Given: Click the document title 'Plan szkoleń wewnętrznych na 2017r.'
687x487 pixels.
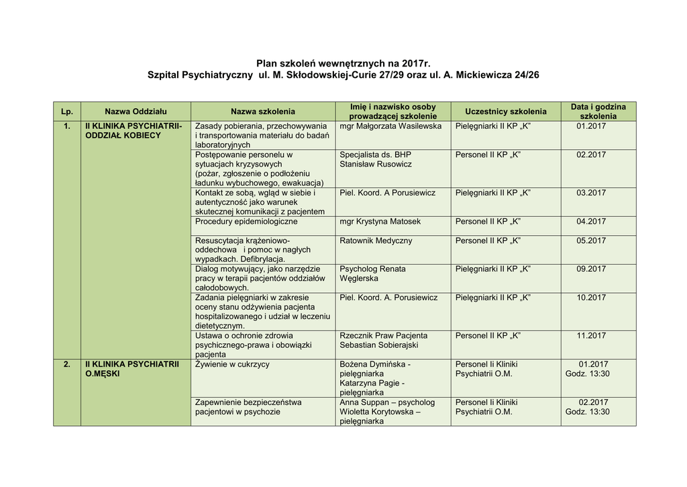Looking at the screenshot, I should click(343, 62).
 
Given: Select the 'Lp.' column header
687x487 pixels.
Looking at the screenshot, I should click(66, 112).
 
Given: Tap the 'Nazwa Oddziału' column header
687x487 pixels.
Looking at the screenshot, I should click(136, 112).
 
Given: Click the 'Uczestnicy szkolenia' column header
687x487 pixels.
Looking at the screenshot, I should click(505, 112).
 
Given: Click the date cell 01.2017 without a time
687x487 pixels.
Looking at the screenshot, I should click(591, 126).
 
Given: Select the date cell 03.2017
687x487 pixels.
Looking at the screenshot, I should click(591, 193).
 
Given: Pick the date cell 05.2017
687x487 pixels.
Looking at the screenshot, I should click(591, 240).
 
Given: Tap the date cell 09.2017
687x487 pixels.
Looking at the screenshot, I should click(591, 269).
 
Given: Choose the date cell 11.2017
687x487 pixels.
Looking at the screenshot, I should click(591, 336).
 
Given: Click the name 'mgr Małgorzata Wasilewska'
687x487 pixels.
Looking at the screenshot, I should click(390, 126).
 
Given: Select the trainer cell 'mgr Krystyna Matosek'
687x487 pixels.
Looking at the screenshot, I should click(380, 221).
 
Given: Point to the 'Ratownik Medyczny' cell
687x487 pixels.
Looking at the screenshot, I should click(376, 240).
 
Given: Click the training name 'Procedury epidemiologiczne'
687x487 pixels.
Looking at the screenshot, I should click(246, 221).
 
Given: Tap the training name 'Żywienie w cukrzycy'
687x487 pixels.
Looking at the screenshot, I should click(232, 364).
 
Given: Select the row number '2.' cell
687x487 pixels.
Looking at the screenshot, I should click(66, 364).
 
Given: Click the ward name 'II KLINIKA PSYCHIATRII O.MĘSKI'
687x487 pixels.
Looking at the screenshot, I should click(131, 369).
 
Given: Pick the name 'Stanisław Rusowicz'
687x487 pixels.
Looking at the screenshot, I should click(376, 164).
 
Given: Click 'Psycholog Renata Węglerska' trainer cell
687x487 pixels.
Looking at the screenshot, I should click(372, 273).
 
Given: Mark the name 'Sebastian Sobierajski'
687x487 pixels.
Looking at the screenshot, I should click(379, 345).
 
